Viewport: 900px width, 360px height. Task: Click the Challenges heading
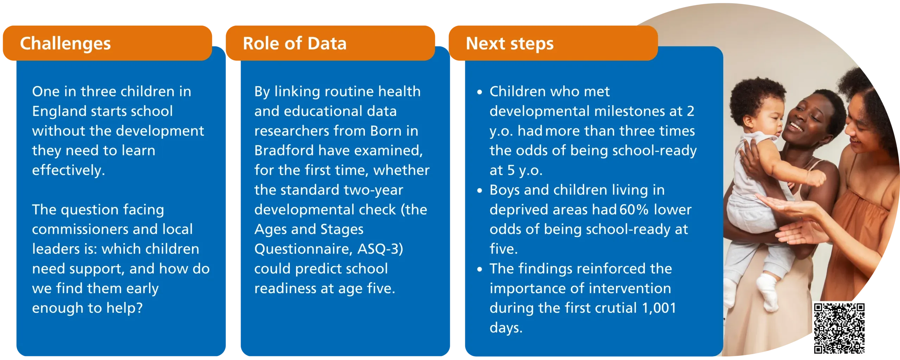tap(65, 44)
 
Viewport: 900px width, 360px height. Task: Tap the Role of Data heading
tap(295, 43)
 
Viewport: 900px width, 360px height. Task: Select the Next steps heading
tap(509, 44)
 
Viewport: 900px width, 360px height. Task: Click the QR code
tap(839, 328)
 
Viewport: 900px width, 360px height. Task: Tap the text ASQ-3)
tap(380, 249)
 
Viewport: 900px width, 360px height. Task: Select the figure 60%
tap(634, 210)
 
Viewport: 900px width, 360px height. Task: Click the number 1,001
tap(659, 308)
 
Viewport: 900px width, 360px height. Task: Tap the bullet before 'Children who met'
tap(480, 92)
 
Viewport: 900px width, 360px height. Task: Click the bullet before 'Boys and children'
tap(480, 191)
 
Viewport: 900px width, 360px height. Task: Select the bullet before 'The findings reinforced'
tap(480, 269)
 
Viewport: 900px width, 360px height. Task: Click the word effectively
tap(69, 171)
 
